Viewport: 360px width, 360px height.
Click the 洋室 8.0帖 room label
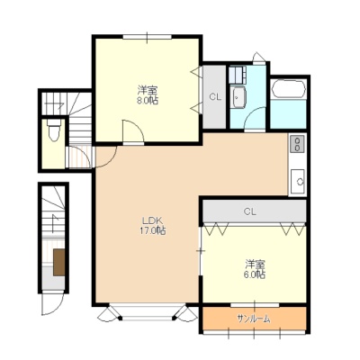(148, 94)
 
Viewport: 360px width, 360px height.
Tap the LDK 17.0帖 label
(154, 226)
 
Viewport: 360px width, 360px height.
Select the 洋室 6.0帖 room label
(255, 269)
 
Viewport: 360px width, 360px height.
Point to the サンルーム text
(254, 319)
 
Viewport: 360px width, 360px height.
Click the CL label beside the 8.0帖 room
(215, 97)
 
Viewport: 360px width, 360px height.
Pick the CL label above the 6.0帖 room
(250, 211)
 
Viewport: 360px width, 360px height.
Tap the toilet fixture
(54, 130)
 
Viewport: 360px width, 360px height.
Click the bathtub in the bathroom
(288, 89)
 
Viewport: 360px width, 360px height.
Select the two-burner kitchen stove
(297, 144)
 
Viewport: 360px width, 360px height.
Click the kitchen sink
(299, 181)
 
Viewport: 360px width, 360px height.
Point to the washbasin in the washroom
(238, 97)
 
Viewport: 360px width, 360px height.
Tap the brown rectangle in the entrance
(59, 262)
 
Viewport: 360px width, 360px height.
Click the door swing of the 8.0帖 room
(133, 131)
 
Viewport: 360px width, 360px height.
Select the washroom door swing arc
(255, 119)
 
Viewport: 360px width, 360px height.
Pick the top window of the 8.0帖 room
(147, 37)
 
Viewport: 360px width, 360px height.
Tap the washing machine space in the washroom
(238, 75)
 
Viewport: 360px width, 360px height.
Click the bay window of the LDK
(147, 313)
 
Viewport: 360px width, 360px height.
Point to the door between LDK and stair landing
(106, 157)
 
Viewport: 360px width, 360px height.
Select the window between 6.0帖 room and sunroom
(255, 305)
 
